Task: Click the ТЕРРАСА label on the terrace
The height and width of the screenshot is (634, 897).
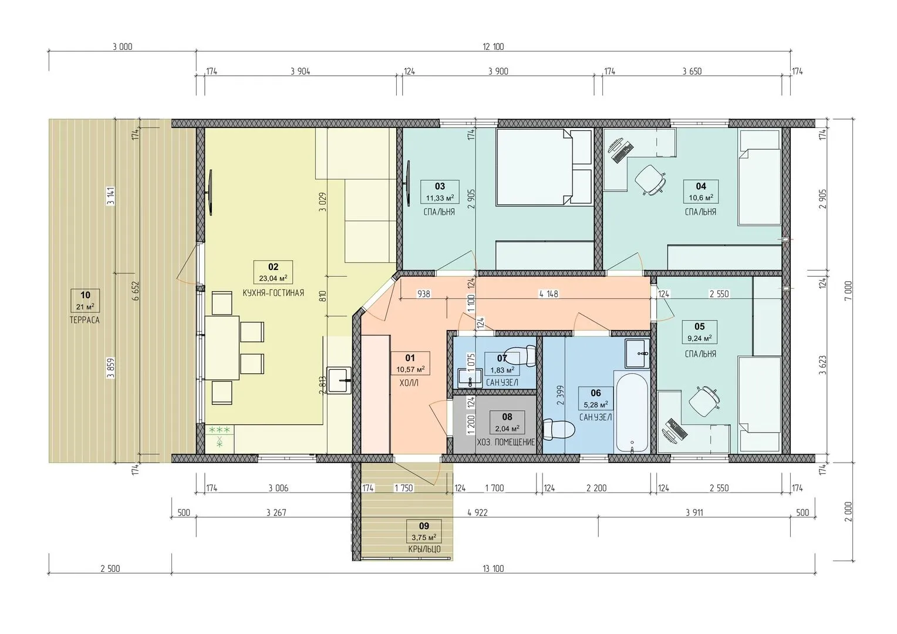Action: (x=85, y=320)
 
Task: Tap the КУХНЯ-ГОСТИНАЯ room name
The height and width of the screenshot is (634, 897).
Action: (x=273, y=293)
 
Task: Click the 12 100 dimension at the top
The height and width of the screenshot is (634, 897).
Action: (x=493, y=47)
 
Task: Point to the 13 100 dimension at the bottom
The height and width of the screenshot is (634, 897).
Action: (x=493, y=568)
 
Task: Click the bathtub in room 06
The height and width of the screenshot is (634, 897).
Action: (x=632, y=413)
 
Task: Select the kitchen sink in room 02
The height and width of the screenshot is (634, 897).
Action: (x=339, y=380)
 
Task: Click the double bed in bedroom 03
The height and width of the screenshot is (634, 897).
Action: (x=544, y=167)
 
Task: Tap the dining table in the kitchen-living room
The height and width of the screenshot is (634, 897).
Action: (x=222, y=348)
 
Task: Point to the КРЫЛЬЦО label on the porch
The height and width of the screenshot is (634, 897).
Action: (x=424, y=549)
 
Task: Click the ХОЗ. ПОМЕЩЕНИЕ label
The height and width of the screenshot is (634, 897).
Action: (x=506, y=442)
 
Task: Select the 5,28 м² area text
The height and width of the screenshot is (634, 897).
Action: (x=596, y=404)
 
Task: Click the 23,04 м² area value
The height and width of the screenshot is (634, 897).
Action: (x=273, y=278)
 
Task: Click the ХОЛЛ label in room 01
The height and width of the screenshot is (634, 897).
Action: (x=409, y=383)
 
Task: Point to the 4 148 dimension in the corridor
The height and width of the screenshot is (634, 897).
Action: (x=549, y=294)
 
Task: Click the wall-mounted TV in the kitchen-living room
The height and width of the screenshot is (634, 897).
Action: (x=210, y=193)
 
